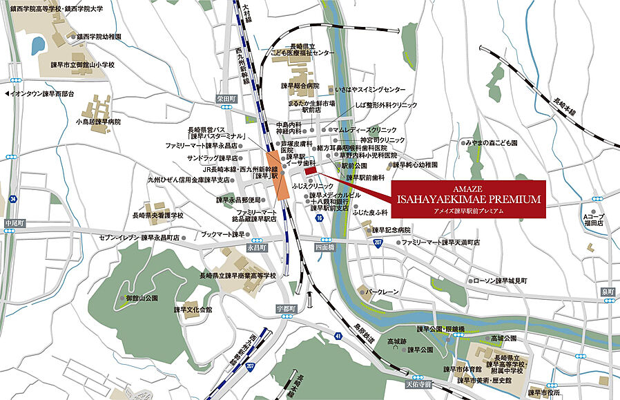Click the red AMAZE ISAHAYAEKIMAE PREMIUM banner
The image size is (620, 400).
click(x=468, y=199)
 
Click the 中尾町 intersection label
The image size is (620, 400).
click(x=14, y=223)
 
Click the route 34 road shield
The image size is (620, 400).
click(x=14, y=200)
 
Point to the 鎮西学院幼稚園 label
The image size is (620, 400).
click(x=98, y=36)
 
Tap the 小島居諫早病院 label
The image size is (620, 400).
click(x=98, y=122)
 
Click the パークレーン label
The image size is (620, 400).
click(x=382, y=292)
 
